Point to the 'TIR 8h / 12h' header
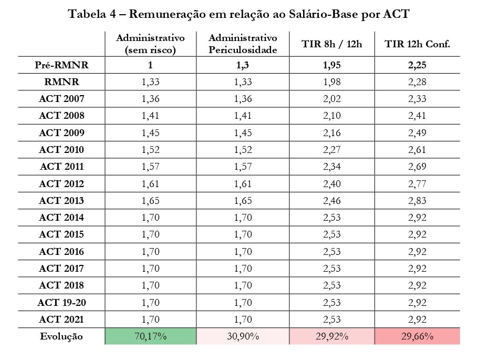332,44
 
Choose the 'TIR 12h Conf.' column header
417,44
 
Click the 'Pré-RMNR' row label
61,65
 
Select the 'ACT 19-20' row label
61,302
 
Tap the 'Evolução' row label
61,336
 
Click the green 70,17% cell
150,336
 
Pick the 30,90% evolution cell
242,336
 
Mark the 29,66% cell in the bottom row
417,336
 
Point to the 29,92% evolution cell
332,336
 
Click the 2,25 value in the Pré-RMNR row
417,65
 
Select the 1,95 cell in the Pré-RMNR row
332,65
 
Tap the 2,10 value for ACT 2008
332,116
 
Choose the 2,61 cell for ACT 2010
417,150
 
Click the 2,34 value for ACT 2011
332,167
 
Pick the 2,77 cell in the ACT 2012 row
417,184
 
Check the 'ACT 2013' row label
61,201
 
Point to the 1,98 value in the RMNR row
332,82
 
